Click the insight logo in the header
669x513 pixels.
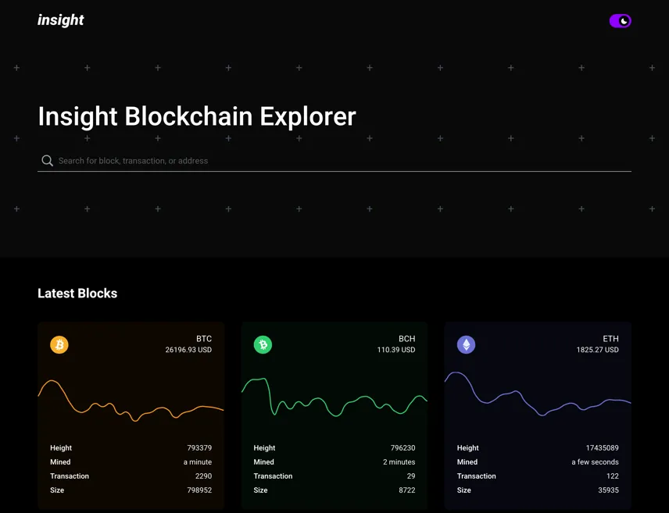click(61, 20)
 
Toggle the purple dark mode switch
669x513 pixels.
click(620, 21)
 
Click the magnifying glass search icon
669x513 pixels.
click(47, 161)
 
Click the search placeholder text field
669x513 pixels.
click(133, 161)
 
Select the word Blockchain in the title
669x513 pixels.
click(188, 116)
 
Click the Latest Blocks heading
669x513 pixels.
click(77, 294)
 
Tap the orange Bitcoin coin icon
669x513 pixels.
click(59, 344)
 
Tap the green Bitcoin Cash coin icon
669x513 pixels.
click(263, 344)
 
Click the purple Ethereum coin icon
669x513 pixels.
click(467, 344)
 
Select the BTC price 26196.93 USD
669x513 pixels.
click(188, 350)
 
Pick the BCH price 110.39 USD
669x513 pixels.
click(396, 350)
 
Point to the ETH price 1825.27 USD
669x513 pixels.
click(597, 350)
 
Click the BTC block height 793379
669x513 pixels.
click(199, 447)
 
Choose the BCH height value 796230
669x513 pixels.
click(402, 447)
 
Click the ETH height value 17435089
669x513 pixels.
click(602, 447)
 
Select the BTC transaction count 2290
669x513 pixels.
click(203, 476)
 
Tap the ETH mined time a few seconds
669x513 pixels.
click(596, 461)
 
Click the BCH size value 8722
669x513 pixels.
click(407, 490)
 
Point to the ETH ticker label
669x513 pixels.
click(610, 339)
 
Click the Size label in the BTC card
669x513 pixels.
click(57, 490)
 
